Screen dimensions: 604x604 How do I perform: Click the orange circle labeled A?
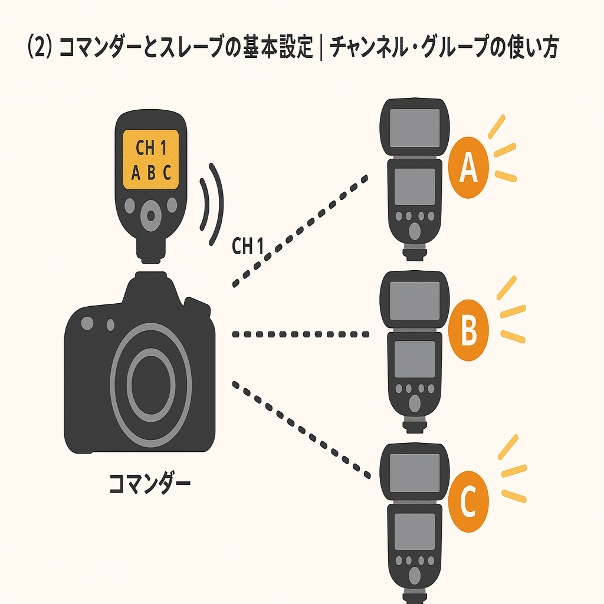click(468, 168)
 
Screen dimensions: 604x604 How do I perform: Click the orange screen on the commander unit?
click(151, 159)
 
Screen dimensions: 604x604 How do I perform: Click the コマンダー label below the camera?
click(150, 484)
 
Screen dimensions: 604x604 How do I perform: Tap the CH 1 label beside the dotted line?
click(247, 247)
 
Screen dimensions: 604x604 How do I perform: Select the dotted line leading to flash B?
click(301, 334)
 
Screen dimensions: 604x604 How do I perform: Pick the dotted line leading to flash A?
click(301, 231)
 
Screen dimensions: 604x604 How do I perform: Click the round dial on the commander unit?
click(152, 215)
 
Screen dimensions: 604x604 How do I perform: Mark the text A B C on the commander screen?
click(151, 173)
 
